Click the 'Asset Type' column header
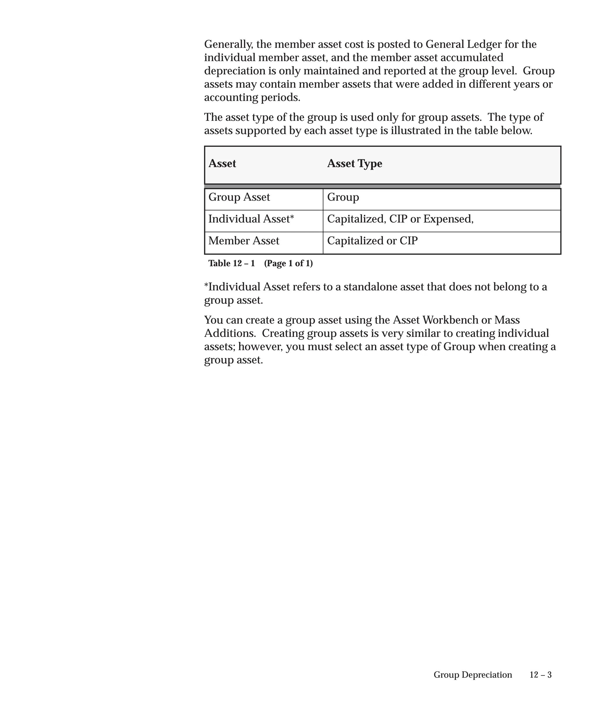[354, 164]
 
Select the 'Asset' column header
[222, 164]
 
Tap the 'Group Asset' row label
[239, 197]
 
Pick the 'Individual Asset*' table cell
[251, 219]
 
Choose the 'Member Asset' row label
[244, 241]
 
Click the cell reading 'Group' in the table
[343, 197]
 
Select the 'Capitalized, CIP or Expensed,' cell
[400, 219]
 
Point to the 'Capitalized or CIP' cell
[372, 241]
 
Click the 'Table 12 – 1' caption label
[231, 263]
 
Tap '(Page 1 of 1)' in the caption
[288, 263]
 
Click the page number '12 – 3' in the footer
[540, 675]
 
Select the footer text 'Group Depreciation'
[473, 675]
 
